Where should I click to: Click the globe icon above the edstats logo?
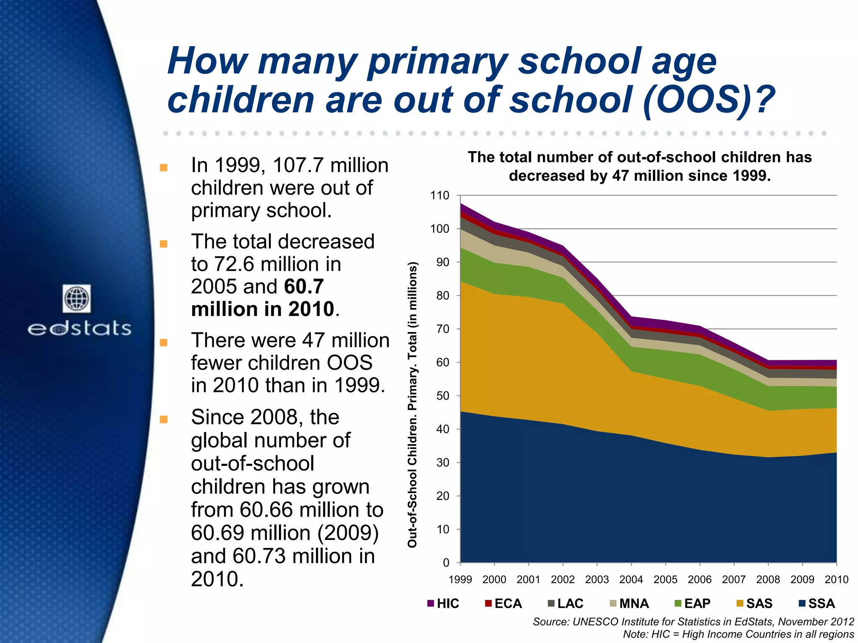pos(77,298)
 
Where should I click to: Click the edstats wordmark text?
pos(79,329)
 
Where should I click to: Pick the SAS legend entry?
pos(755,603)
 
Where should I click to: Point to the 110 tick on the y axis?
pos(439,195)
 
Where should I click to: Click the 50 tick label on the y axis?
pos(442,396)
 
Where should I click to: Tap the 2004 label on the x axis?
pos(631,579)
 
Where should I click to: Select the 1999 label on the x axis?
pos(460,579)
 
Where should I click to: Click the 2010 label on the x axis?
pos(836,579)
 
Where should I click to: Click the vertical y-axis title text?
pos(413,404)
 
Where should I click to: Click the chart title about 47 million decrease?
pos(640,166)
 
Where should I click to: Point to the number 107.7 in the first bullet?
pos(299,165)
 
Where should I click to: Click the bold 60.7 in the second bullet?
pos(304,287)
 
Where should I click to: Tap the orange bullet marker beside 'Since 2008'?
pos(163,419)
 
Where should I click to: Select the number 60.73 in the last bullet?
pos(259,556)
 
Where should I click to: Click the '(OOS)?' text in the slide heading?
pos(708,100)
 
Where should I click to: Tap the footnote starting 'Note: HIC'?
pos(738,634)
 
